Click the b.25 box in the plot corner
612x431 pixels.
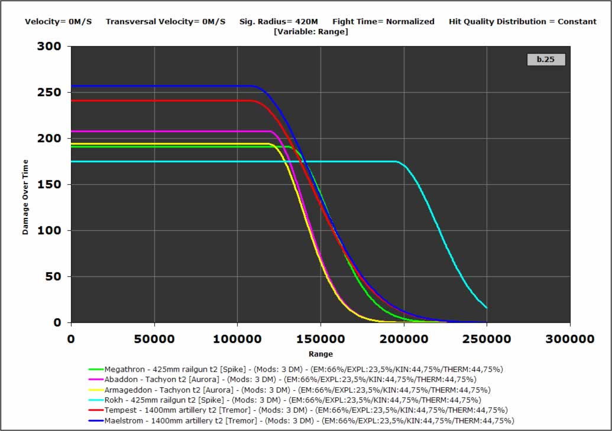(545, 59)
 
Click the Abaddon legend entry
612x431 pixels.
(290, 379)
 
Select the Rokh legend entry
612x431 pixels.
(293, 400)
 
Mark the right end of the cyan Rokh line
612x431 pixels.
(486, 308)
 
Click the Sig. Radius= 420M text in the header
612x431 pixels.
(279, 22)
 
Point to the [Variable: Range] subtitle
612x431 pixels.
(310, 31)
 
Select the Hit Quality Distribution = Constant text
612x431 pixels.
(522, 22)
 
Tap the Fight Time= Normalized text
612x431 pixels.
(383, 22)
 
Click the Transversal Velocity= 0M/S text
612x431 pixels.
(166, 22)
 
